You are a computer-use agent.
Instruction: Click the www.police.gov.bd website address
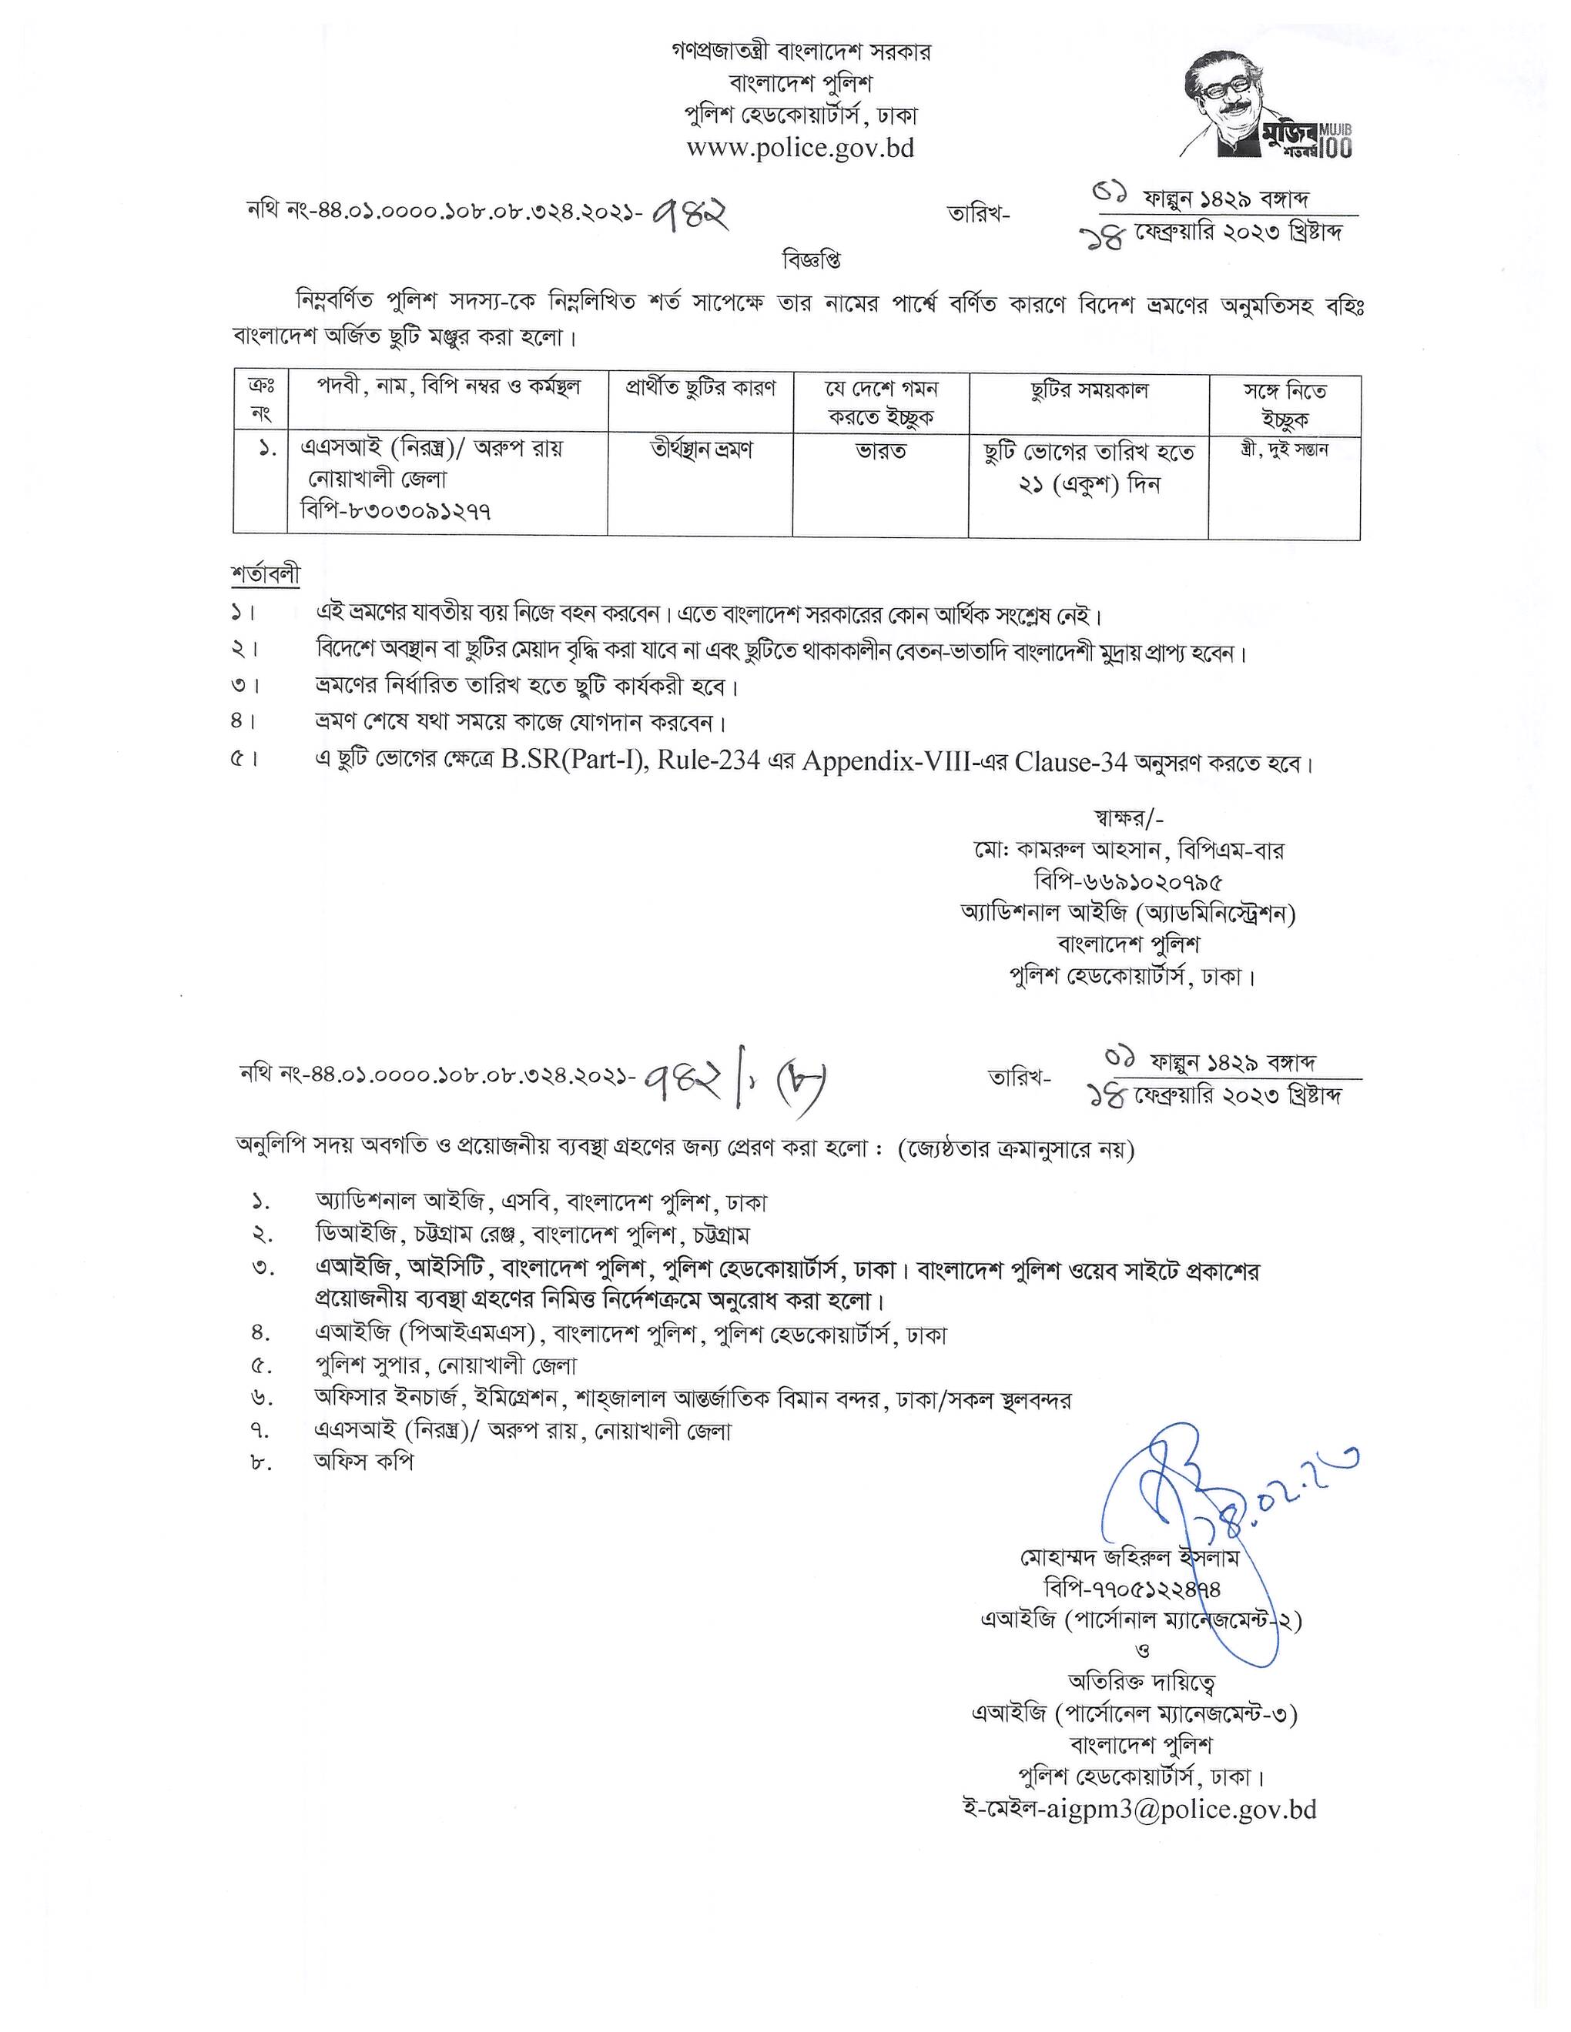pos(800,148)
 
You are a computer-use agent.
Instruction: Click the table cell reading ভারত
pos(880,451)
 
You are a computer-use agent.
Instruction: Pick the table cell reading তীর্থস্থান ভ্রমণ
pos(701,450)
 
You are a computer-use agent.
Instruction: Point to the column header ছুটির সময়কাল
pos(1089,392)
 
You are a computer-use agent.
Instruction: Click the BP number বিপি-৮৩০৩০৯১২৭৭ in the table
pos(397,511)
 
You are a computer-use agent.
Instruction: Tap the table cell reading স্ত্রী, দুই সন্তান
pos(1285,450)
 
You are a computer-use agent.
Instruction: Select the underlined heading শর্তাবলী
pos(266,575)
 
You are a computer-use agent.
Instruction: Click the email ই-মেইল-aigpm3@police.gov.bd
pos(1139,1810)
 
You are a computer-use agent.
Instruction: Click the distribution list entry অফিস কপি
pos(364,1462)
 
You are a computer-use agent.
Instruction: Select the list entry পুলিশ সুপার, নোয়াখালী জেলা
pos(446,1366)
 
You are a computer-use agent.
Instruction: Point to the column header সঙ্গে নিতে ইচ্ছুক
pos(1285,405)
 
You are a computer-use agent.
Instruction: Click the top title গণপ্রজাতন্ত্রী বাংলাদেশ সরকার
pos(800,51)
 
